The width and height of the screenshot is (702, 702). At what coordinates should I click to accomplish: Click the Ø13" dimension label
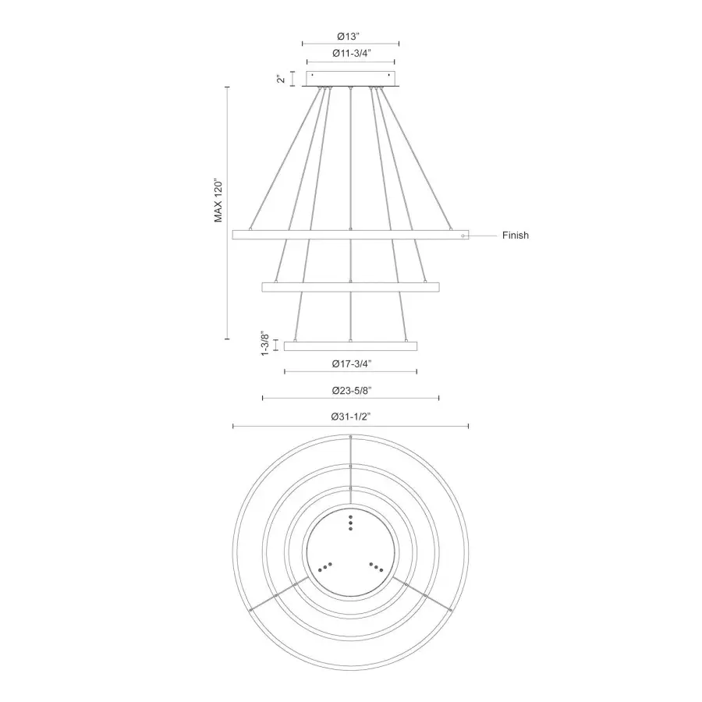pos(351,35)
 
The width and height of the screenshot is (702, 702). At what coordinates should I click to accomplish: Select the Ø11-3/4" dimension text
pos(351,53)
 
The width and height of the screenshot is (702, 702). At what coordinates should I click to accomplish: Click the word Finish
pos(515,235)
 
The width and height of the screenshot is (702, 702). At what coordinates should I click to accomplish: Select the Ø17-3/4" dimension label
pos(351,363)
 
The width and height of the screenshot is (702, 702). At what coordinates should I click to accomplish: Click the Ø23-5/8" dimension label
pos(351,390)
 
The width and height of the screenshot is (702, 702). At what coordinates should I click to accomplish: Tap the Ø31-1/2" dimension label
pos(351,417)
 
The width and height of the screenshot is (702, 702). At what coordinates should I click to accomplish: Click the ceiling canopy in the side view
pos(351,79)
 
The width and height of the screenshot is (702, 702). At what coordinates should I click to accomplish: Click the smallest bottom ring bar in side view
pos(351,346)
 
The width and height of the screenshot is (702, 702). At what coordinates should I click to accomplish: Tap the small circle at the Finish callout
pos(463,235)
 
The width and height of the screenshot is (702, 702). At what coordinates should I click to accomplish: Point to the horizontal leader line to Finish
pos(484,235)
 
